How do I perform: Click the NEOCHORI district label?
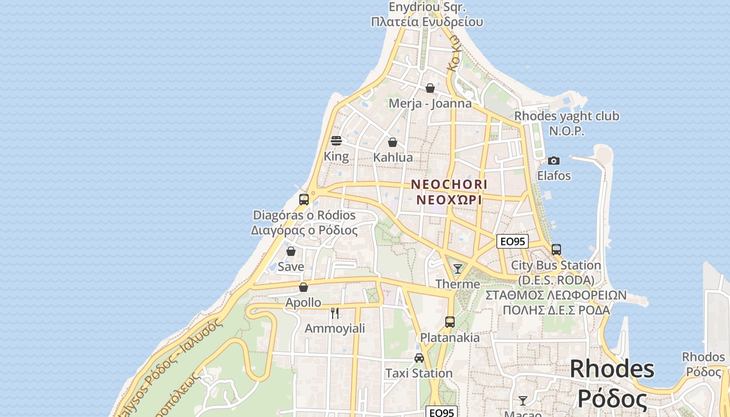(449, 185)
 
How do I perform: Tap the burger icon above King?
(336, 141)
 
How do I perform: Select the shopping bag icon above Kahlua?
(393, 142)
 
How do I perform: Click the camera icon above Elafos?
(554, 161)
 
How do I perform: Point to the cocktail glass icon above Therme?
(458, 269)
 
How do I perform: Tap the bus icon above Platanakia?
(450, 322)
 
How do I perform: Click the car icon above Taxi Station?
(419, 358)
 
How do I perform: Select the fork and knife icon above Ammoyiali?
(335, 313)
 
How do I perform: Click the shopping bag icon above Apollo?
(303, 287)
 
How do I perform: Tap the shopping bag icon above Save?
(291, 251)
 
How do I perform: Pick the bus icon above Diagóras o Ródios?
(304, 200)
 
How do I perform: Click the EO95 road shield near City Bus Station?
(512, 241)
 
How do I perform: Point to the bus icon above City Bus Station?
(556, 250)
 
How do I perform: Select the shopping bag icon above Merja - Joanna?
(430, 88)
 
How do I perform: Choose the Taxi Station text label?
(419, 373)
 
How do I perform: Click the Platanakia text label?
(450, 337)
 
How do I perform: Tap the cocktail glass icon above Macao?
(523, 400)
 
